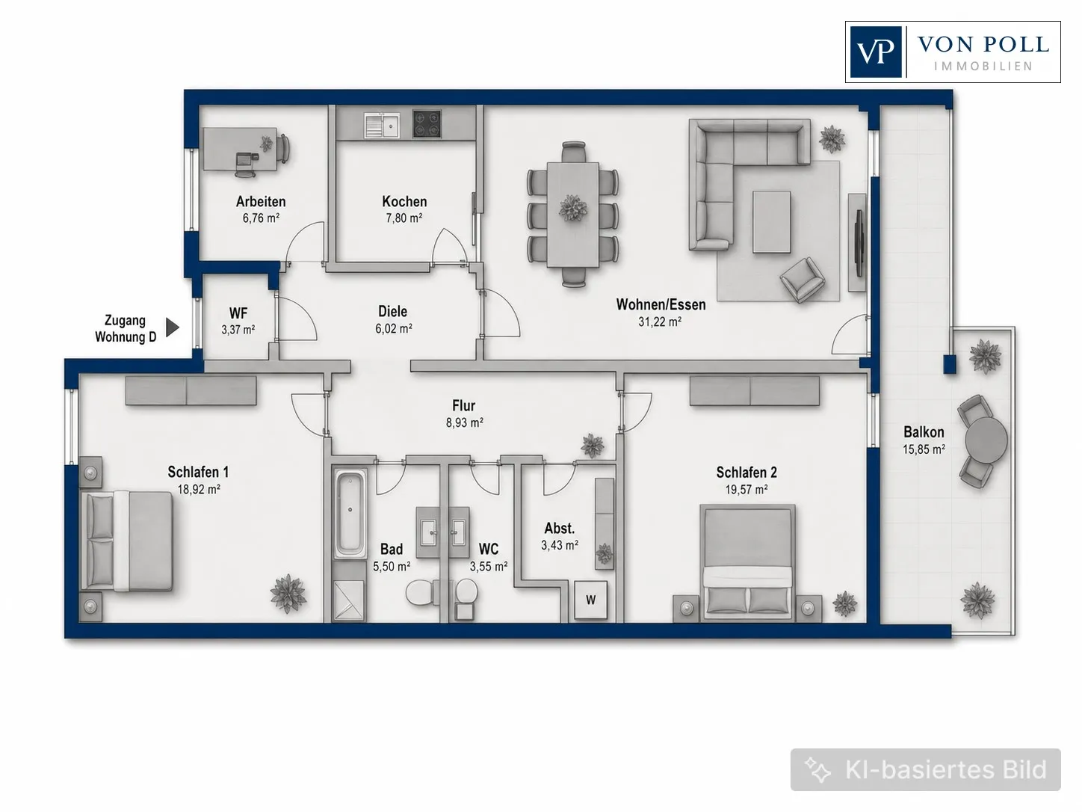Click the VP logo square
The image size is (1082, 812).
876,52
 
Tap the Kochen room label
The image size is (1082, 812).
404,201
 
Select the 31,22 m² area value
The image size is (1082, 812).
660,322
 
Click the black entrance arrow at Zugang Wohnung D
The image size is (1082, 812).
172,327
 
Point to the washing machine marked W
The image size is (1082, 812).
590,600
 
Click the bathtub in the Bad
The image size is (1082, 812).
350,513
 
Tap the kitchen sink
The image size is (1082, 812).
383,124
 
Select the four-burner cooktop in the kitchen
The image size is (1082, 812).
427,124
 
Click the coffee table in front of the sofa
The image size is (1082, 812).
771,222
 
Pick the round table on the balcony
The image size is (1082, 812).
986,440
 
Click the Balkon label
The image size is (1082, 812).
924,432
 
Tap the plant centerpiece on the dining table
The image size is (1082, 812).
573,208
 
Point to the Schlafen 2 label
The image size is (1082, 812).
746,473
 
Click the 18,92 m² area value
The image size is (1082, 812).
199,489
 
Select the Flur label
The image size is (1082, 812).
464,405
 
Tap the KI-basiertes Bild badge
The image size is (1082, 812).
926,769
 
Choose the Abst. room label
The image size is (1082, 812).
560,528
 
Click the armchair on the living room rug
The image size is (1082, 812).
802,280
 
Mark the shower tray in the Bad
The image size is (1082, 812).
349,600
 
